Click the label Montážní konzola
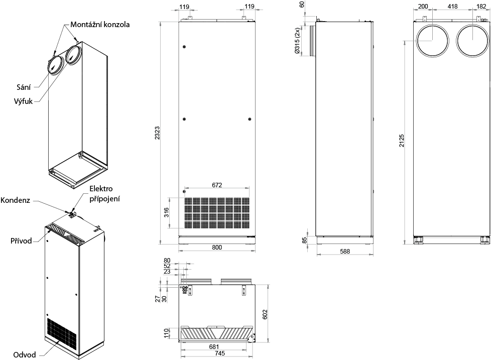point(99,25)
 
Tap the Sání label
point(24,87)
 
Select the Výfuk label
point(23,101)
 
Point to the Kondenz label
point(16,200)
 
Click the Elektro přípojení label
point(104,194)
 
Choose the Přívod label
point(21,241)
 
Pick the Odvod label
point(25,355)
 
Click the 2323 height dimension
point(157,133)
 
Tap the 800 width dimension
point(217,248)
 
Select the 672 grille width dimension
point(217,185)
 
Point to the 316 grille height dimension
point(166,212)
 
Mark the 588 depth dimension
point(345,251)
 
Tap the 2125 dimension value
point(402,141)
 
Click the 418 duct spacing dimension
point(452,6)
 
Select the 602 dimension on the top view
point(265,314)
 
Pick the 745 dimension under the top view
point(219,353)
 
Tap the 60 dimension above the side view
point(302,5)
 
